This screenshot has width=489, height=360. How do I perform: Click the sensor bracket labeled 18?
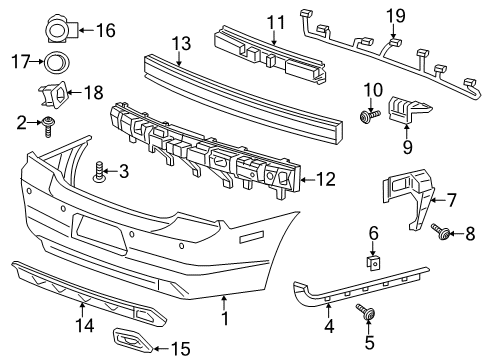[53, 96]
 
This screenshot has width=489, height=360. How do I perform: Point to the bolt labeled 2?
[48, 123]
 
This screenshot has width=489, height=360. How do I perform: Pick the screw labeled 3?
[99, 174]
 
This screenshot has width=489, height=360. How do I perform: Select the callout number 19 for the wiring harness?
[396, 15]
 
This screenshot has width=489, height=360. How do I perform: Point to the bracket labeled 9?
[402, 112]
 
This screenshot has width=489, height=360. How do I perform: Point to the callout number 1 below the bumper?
[224, 321]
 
